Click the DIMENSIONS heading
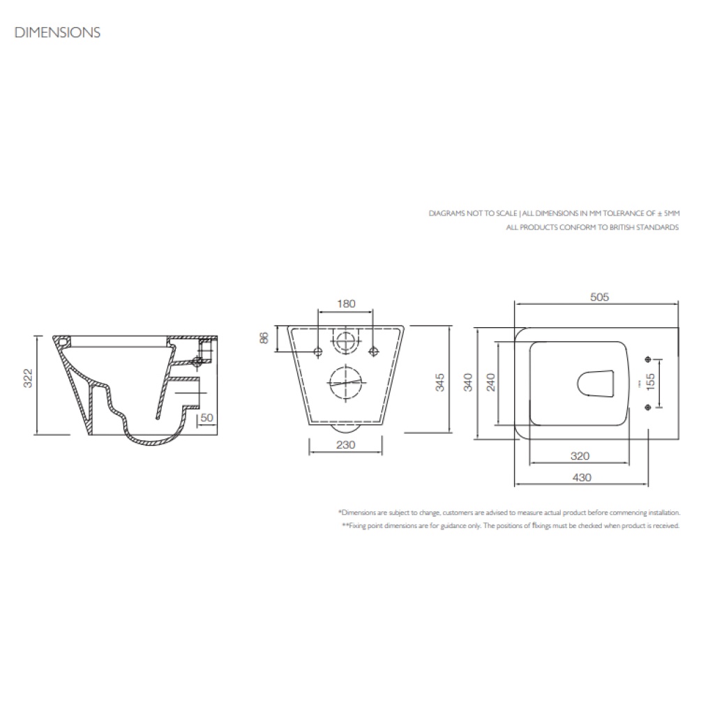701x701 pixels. coord(58,32)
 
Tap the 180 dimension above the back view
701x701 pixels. coord(346,303)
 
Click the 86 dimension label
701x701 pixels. coord(264,339)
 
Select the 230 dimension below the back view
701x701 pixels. coord(346,444)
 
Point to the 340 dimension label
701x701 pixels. coord(468,383)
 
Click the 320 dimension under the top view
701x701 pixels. coord(580,456)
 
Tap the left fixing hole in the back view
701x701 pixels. coord(318,350)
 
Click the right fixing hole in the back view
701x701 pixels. coord(373,350)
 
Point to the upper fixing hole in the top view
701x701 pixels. coord(649,359)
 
